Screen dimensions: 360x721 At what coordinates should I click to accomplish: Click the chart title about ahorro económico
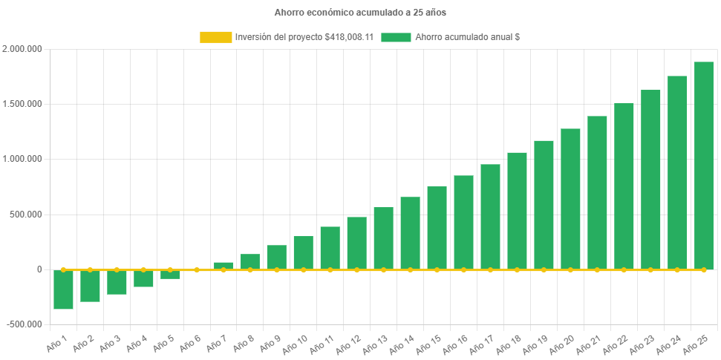point(360,13)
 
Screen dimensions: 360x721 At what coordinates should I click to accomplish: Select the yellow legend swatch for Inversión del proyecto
point(215,37)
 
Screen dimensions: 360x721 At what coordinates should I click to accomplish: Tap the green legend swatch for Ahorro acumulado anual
point(396,37)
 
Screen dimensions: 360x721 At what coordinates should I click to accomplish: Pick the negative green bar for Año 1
point(63,289)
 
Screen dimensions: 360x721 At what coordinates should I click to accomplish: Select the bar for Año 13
point(383,238)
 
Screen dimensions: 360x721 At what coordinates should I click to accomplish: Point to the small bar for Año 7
point(224,266)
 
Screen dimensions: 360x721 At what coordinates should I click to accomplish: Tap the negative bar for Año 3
point(117,282)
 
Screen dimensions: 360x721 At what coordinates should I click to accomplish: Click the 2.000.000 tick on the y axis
point(22,49)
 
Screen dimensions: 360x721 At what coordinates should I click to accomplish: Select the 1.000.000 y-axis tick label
point(22,159)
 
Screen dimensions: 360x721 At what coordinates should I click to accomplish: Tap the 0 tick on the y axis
point(39,269)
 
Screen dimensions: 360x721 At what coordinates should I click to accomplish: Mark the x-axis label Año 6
point(189,342)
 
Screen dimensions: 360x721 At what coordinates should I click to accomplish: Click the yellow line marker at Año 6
point(197,270)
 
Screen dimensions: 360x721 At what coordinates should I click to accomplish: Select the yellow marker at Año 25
point(703,270)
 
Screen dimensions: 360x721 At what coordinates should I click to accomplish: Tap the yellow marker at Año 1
point(63,270)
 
